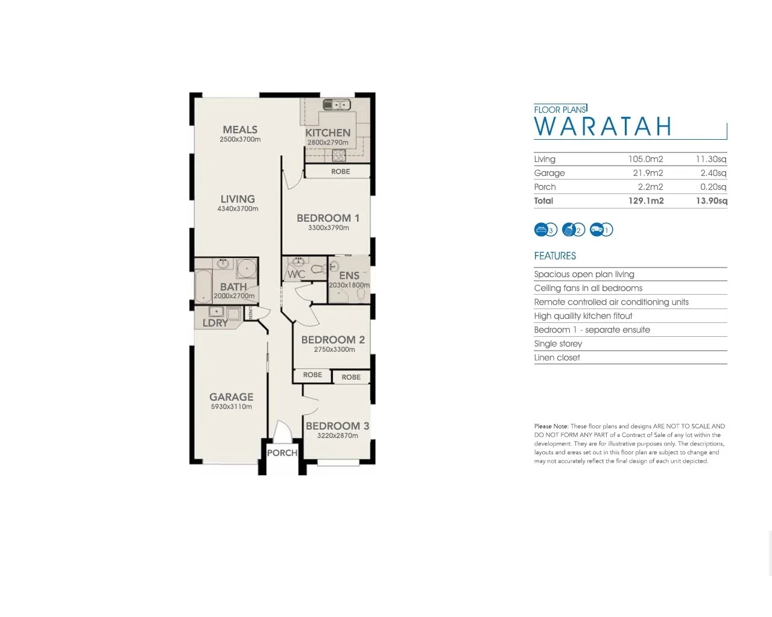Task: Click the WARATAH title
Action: (x=603, y=127)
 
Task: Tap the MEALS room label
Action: (x=240, y=130)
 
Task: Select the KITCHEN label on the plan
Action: (x=327, y=133)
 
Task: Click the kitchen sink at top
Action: (x=337, y=105)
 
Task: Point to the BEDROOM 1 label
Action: (x=327, y=218)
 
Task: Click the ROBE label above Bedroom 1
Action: (x=340, y=172)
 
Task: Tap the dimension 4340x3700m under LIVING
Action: (x=238, y=209)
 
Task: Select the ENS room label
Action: (x=349, y=275)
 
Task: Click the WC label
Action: (x=296, y=274)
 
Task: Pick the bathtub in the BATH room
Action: (x=203, y=286)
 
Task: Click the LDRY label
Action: (x=215, y=323)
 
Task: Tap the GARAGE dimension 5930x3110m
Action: (x=232, y=407)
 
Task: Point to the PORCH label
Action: (x=282, y=453)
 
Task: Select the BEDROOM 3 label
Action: (x=337, y=426)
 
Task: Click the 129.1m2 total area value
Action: (x=646, y=201)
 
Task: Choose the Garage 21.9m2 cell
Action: (x=648, y=173)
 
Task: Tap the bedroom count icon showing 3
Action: (x=545, y=230)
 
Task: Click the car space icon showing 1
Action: (x=601, y=230)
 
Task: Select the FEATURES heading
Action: (x=555, y=256)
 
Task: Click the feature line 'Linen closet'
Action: (x=557, y=358)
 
